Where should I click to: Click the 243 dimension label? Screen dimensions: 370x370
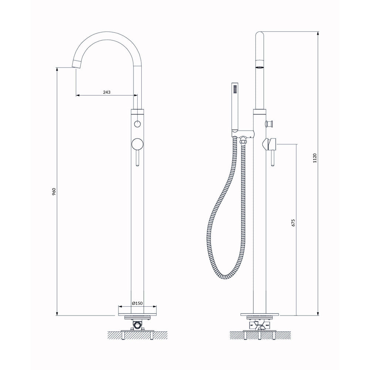pos(107,92)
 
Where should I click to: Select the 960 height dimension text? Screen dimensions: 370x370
pos(54,191)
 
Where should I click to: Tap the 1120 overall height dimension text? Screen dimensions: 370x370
pos(314,158)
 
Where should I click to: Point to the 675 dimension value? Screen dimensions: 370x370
pos(293,223)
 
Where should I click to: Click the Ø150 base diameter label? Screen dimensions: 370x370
pos(137,303)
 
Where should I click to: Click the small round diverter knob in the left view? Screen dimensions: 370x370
pos(137,124)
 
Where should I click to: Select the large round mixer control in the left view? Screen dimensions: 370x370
pos(137,144)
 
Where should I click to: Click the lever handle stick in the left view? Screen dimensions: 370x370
pos(137,158)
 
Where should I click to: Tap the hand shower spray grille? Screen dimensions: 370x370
pos(235,90)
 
